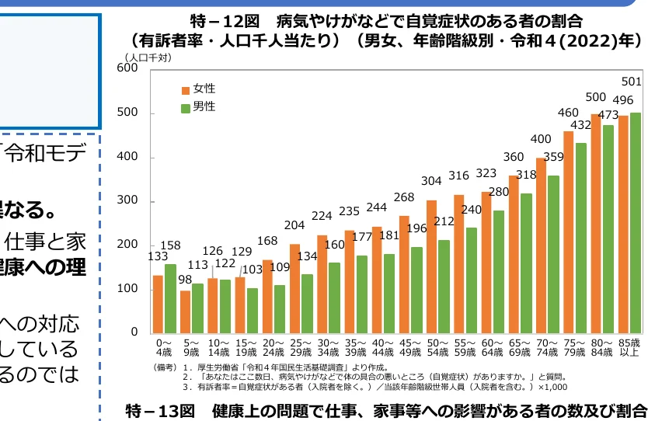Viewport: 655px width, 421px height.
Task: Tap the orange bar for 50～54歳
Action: [x=431, y=266]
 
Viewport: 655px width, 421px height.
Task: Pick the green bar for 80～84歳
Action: [x=608, y=228]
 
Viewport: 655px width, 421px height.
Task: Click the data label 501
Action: [x=632, y=82]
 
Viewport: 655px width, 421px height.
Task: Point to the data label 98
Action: [x=184, y=280]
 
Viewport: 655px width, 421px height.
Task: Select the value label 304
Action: [x=431, y=181]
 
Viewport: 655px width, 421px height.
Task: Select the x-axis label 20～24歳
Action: [x=273, y=346]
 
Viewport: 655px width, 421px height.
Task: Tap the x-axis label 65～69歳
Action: [x=519, y=346]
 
